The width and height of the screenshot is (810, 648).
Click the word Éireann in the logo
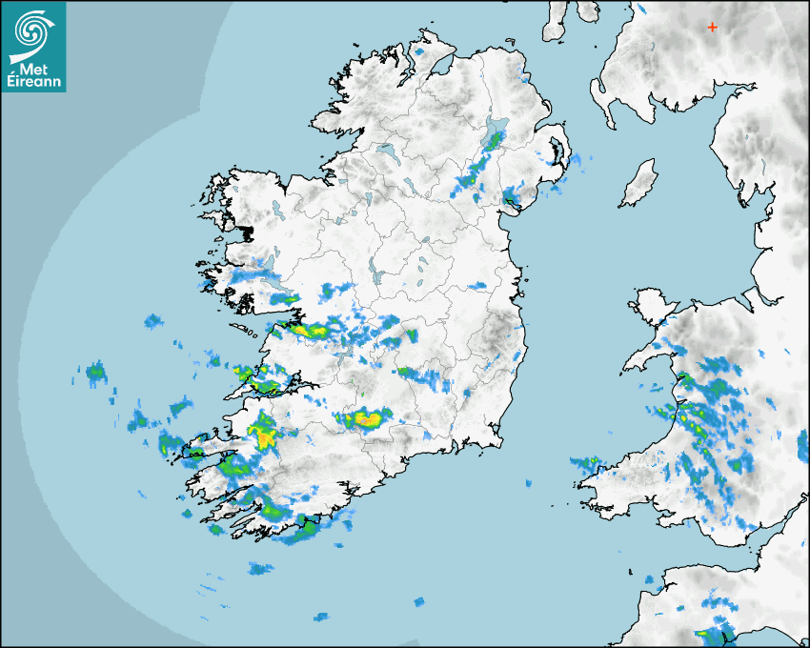[x=33, y=84]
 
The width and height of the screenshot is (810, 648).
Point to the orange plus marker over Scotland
[x=712, y=28]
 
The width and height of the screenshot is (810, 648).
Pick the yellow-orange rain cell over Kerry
[x=262, y=436]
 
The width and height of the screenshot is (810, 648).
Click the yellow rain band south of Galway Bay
[x=310, y=331]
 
